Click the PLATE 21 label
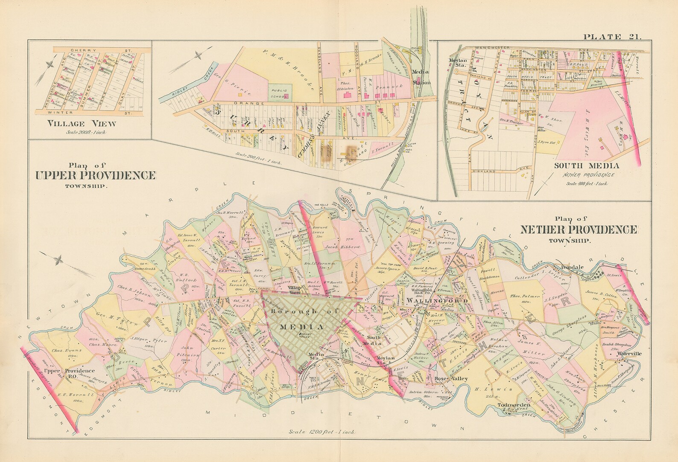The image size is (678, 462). (613, 37)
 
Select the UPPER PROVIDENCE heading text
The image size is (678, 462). (95, 175)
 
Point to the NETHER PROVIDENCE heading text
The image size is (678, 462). (579, 230)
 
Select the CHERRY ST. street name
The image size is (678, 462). (93, 50)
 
